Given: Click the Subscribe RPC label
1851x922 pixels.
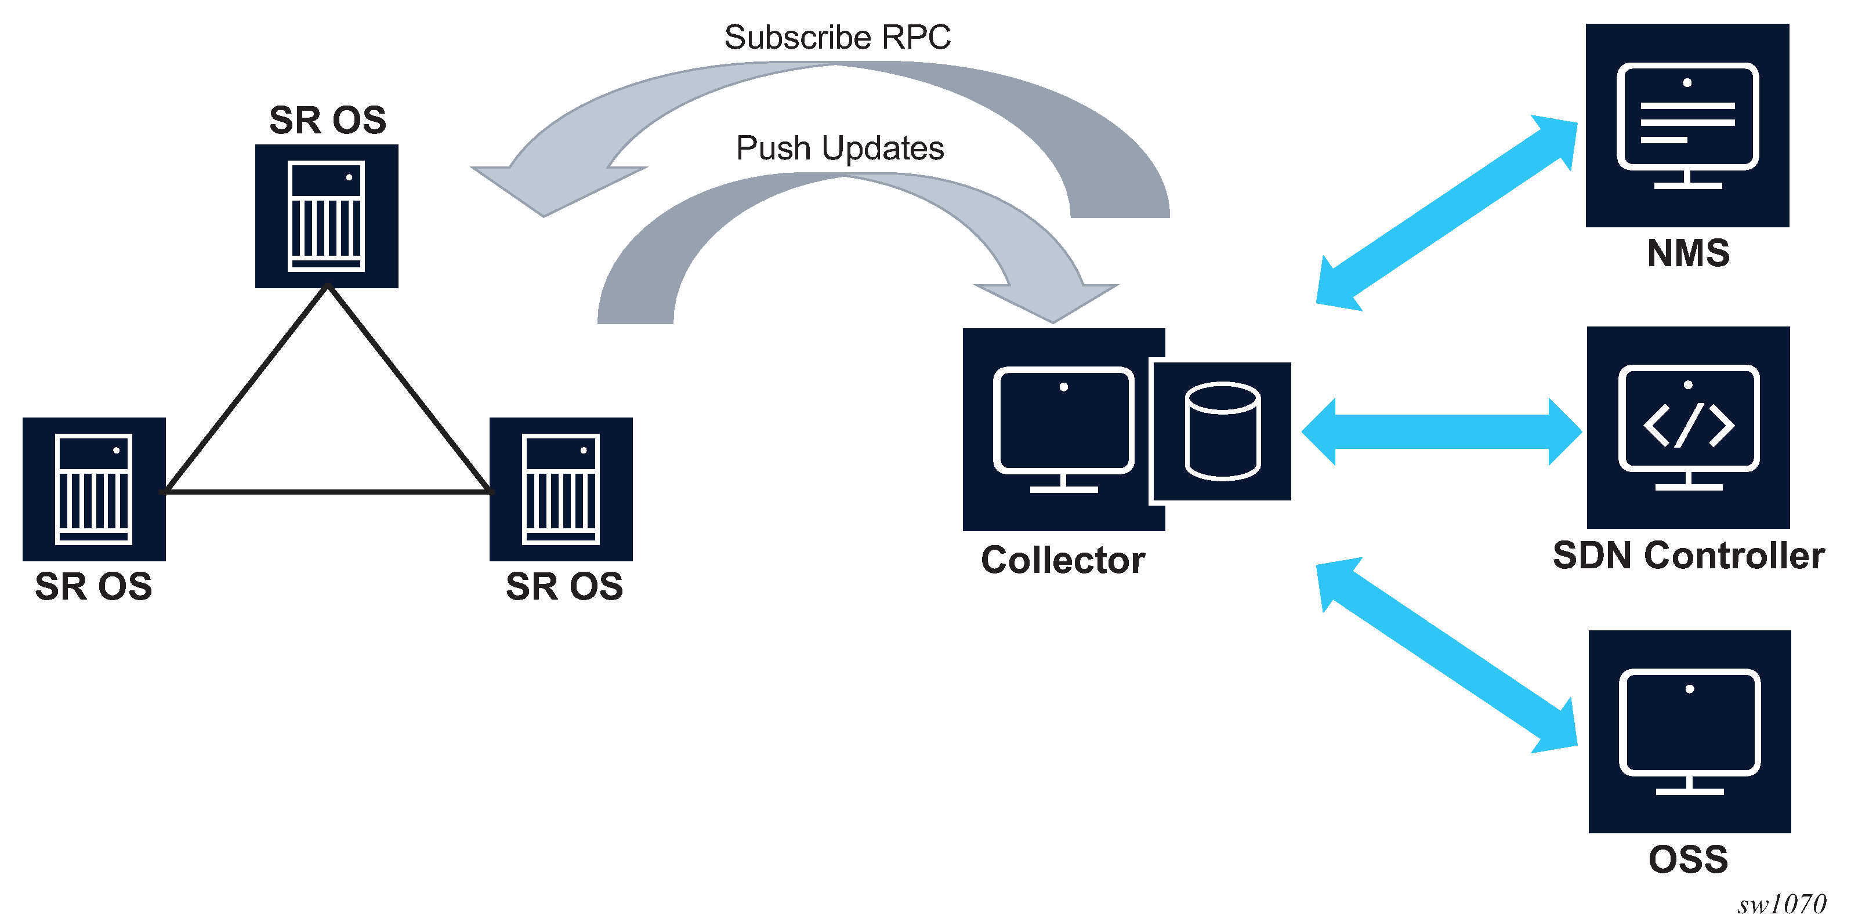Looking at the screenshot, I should [x=837, y=37].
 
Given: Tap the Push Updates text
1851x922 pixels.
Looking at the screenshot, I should [x=839, y=148].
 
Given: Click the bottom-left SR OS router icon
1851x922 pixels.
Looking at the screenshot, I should [x=94, y=489].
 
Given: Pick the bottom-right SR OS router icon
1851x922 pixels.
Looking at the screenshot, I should [x=561, y=489].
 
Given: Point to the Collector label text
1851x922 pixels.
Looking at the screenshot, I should [x=1062, y=560].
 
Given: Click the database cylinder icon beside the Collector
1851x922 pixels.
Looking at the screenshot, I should [x=1222, y=431].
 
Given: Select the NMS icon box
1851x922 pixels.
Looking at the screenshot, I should [x=1687, y=126].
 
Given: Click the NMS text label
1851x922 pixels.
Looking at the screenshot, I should [x=1688, y=253].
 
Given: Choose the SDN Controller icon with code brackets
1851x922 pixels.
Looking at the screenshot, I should [x=1688, y=428].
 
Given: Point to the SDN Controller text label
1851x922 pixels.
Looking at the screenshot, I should [x=1689, y=556].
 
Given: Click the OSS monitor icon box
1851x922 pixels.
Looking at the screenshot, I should [x=1689, y=731].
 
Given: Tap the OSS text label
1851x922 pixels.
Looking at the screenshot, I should [x=1688, y=859].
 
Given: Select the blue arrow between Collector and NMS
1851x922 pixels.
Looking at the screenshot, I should [x=1447, y=213].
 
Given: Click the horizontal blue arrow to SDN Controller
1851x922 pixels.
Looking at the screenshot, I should [x=1441, y=431].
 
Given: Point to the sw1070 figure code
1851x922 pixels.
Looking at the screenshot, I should [x=1781, y=904].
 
